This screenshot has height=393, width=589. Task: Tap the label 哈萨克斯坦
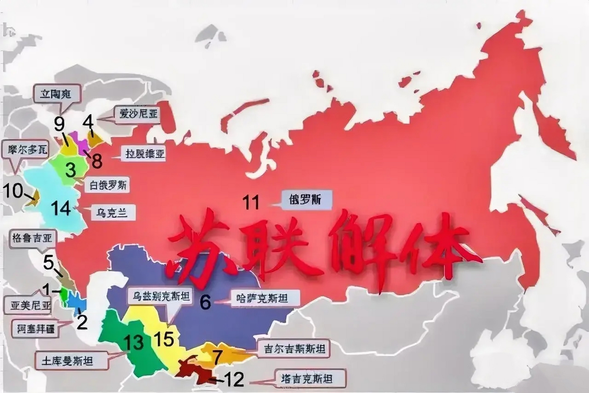[262, 298]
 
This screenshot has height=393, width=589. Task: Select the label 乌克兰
[112, 212]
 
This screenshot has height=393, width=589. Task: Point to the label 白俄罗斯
[108, 185]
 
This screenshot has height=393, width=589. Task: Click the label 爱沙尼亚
[139, 115]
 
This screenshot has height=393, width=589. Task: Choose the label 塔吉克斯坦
[307, 379]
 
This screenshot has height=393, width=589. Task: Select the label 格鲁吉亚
[32, 238]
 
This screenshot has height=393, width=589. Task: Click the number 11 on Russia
[251, 202]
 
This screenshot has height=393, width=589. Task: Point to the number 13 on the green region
[134, 342]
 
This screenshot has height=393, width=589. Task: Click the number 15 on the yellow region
[164, 339]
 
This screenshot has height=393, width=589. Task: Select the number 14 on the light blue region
[61, 208]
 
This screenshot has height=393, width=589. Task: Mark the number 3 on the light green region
[71, 169]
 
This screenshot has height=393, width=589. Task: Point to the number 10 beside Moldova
[13, 191]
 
